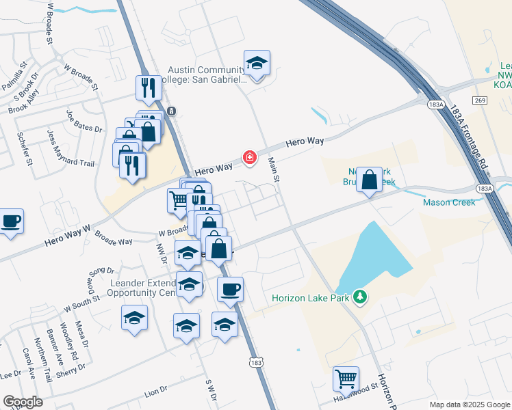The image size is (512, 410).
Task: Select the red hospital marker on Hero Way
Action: [x=250, y=159]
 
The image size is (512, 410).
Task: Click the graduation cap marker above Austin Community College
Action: [x=257, y=64]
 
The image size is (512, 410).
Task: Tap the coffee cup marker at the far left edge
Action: [x=11, y=221]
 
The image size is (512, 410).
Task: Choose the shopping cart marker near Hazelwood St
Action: [x=346, y=378]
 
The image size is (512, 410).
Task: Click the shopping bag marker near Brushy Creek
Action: [x=370, y=180]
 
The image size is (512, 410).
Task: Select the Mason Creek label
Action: [x=448, y=202]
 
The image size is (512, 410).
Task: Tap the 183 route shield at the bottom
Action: [x=255, y=362]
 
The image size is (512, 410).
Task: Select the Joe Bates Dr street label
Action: [x=84, y=122]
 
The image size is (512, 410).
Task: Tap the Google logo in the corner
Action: [x=23, y=402]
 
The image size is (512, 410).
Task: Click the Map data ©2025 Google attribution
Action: [x=470, y=405]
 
